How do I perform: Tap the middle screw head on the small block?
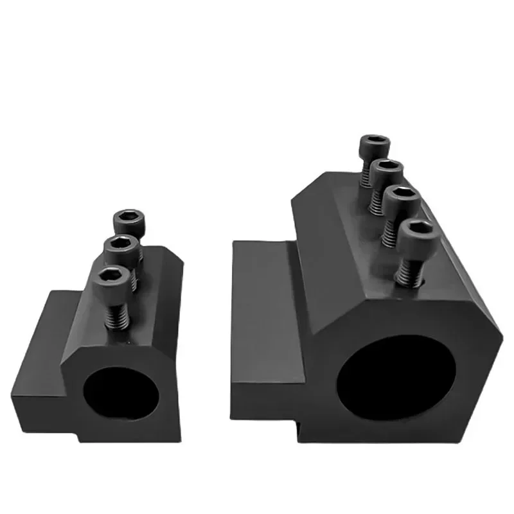[122, 247]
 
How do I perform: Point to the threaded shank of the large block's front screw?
[407, 270]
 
